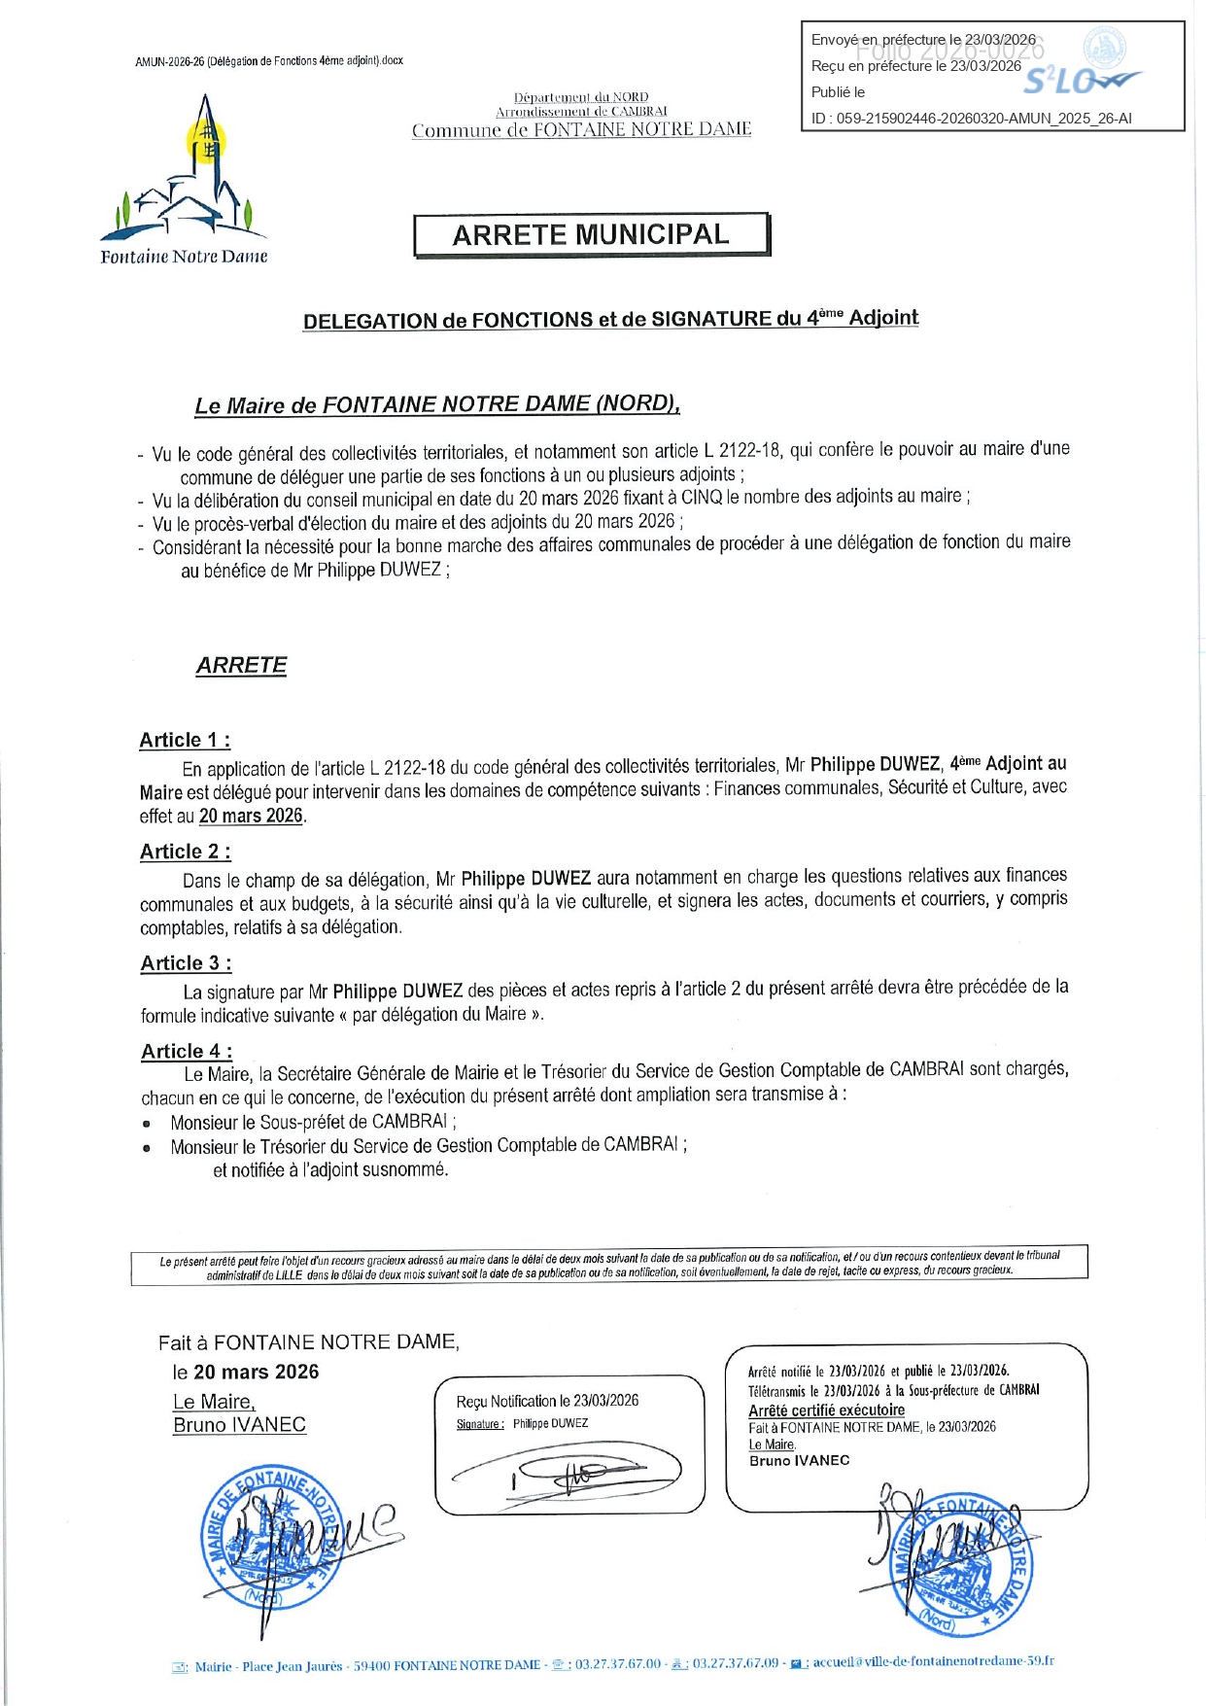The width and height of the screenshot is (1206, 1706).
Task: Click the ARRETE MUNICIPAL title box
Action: click(x=591, y=235)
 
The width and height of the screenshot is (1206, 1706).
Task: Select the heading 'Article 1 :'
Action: click(x=185, y=740)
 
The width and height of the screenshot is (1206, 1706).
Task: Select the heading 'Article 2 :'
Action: click(x=185, y=852)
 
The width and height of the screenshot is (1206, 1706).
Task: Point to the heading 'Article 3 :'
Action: click(x=186, y=963)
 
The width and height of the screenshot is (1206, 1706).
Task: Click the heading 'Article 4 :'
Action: click(x=186, y=1051)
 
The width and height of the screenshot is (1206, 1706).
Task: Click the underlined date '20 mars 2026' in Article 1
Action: click(x=251, y=816)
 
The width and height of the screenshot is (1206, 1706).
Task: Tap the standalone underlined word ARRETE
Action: click(x=241, y=665)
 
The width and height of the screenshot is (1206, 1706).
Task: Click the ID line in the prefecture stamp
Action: click(x=971, y=119)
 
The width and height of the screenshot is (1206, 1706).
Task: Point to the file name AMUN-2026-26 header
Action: click(x=269, y=61)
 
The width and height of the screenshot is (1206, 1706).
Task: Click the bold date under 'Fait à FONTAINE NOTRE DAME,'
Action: click(x=256, y=1372)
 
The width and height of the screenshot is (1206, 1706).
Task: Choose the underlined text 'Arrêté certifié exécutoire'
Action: click(x=826, y=1410)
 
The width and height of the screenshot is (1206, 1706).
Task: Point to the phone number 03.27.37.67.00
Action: click(x=617, y=1664)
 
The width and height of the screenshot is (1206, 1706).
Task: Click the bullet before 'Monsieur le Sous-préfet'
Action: click(x=147, y=1124)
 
